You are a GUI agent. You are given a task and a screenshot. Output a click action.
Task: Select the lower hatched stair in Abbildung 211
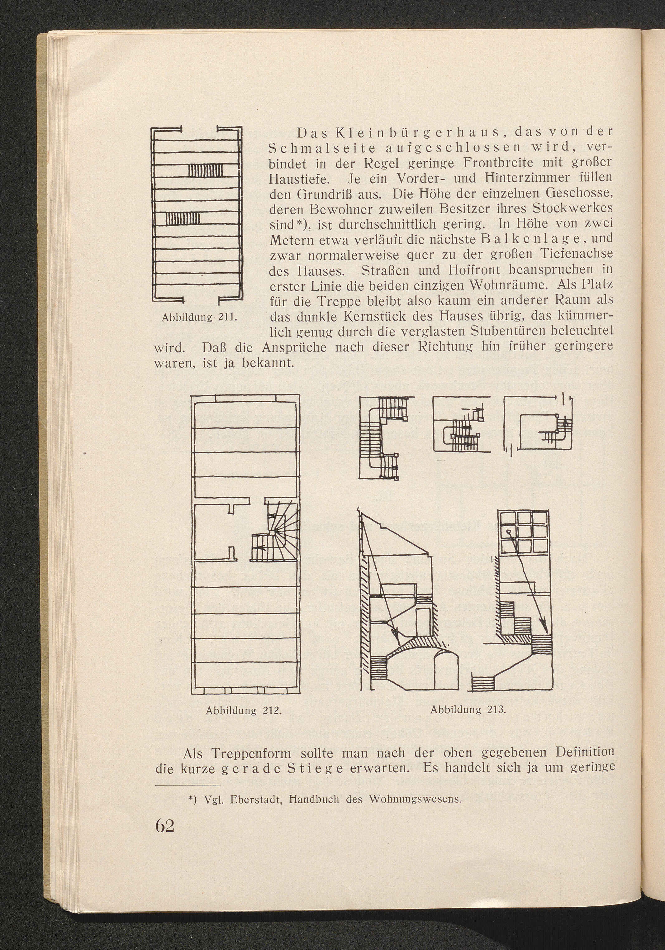click(x=183, y=218)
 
